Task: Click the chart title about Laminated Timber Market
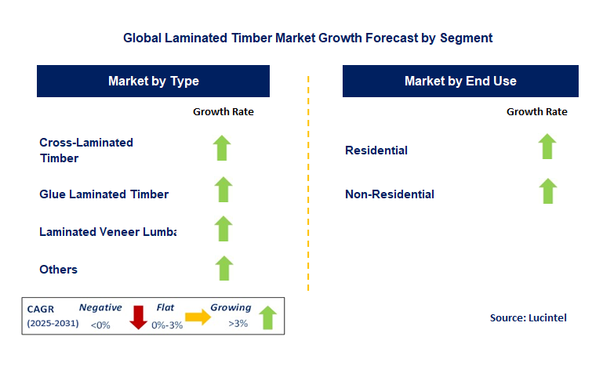click(x=308, y=37)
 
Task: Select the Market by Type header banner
click(x=153, y=82)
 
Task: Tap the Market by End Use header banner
click(x=460, y=82)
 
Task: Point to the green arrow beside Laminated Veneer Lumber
click(x=223, y=229)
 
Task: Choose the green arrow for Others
click(x=223, y=268)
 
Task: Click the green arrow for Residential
click(x=547, y=147)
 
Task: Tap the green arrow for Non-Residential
click(x=547, y=191)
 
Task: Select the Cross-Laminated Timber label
click(x=86, y=150)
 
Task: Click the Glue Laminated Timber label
click(x=104, y=194)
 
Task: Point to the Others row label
click(x=59, y=270)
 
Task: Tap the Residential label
click(x=376, y=150)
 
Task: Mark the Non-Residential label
click(x=390, y=194)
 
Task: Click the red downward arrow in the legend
click(x=139, y=317)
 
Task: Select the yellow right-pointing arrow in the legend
click(x=196, y=317)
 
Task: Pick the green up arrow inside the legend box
click(x=267, y=317)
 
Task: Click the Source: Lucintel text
click(x=528, y=317)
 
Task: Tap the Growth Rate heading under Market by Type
click(x=223, y=112)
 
